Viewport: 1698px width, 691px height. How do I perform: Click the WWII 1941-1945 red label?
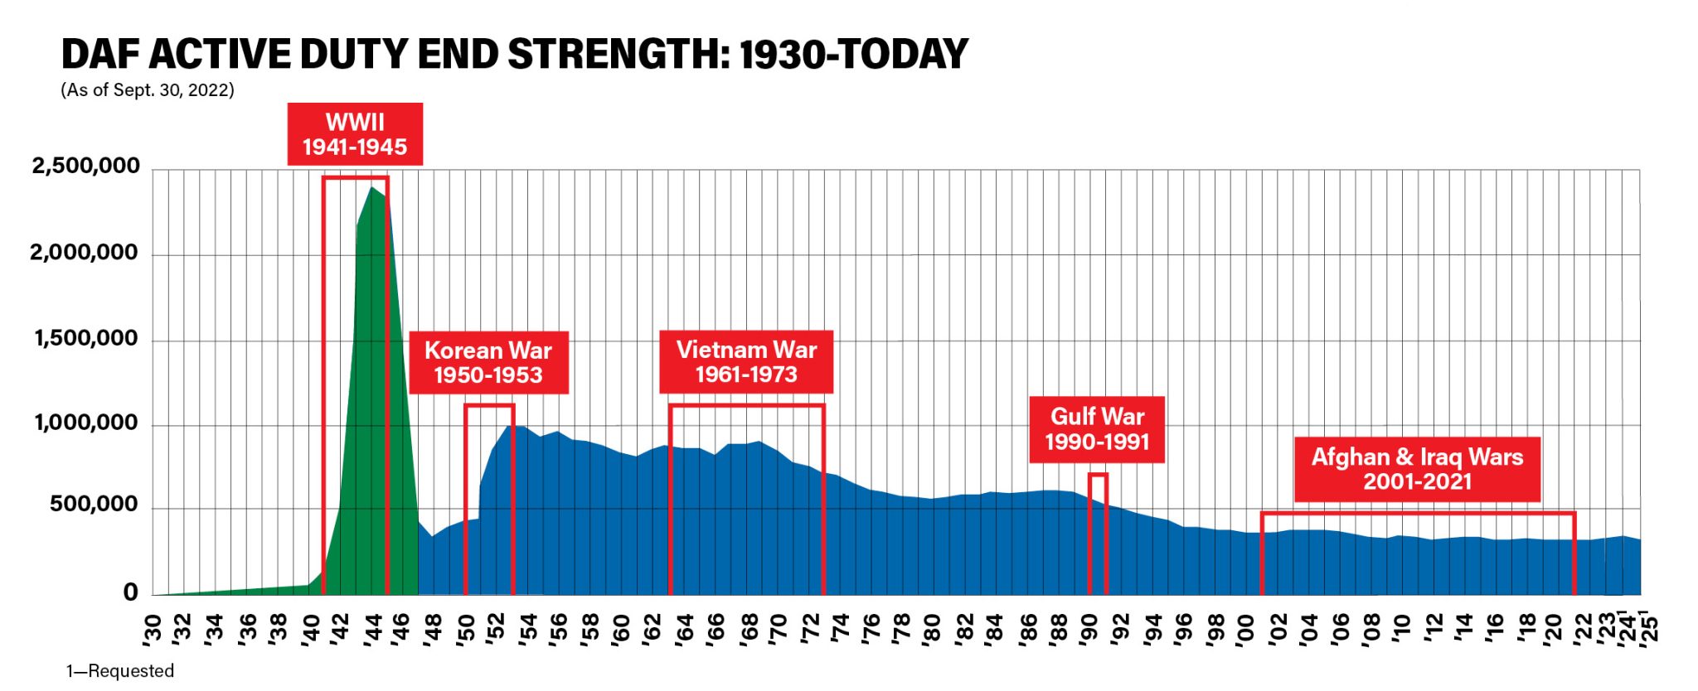(355, 134)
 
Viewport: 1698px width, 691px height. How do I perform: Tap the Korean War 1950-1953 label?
(488, 362)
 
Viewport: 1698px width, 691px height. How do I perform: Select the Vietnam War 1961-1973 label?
(746, 361)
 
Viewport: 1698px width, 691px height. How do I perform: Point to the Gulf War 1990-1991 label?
(1097, 428)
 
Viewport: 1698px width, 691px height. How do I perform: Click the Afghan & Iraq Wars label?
(1417, 469)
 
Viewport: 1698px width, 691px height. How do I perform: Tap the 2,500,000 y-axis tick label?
(85, 166)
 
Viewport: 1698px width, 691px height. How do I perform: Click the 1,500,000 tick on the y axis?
(85, 338)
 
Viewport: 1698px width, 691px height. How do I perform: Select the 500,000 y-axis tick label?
(94, 504)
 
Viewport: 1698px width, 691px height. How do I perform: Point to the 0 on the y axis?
(130, 592)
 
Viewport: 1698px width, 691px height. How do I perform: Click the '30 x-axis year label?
(152, 627)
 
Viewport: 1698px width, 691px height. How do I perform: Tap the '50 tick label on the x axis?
(466, 627)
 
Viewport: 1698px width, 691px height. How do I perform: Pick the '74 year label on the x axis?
(840, 627)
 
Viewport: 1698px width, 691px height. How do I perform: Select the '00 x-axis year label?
(1246, 627)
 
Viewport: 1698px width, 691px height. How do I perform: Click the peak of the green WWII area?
(373, 188)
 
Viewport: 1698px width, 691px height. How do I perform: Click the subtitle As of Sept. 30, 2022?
(148, 89)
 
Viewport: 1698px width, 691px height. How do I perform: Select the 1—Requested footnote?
(120, 670)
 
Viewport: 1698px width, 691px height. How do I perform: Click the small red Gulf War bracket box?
(1098, 533)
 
